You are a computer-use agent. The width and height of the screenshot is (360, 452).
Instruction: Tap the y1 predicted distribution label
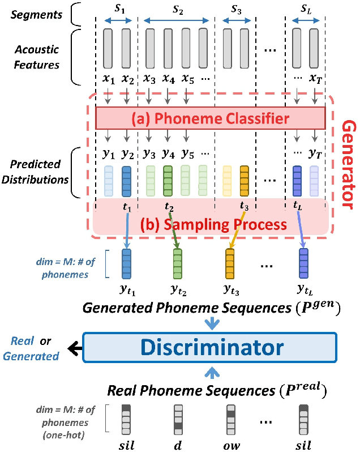point(109,154)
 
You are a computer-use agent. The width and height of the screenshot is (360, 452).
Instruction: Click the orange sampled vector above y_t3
point(230,262)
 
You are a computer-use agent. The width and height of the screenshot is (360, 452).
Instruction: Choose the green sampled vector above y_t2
point(177,262)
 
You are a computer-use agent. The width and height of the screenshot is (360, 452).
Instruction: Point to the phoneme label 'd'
point(177,445)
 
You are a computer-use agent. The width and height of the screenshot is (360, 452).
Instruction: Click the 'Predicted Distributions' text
point(36,172)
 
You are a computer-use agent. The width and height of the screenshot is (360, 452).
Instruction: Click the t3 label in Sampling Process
point(245,206)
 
